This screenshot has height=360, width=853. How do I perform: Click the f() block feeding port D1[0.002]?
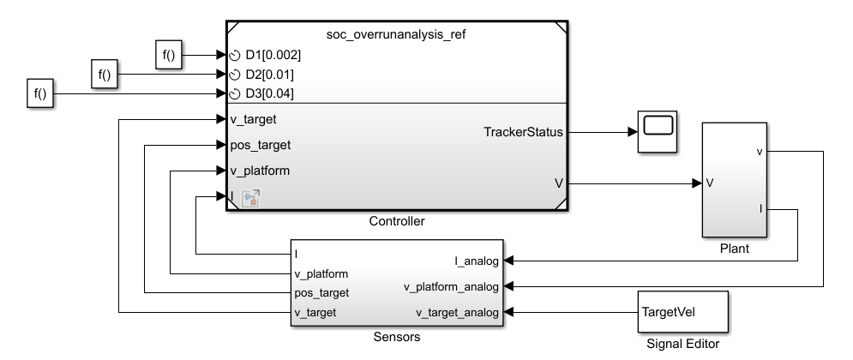169,55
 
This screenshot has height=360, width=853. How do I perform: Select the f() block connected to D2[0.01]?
105,75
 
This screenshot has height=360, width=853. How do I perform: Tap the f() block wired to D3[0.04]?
39,94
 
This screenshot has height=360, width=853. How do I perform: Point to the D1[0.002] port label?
273,55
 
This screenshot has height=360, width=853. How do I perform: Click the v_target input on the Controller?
255,119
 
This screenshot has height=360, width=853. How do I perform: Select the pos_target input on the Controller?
261,145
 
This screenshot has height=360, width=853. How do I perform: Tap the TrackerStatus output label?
523,132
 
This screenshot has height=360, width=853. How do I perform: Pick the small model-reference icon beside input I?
252,198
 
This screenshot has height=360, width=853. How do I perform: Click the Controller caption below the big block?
396,222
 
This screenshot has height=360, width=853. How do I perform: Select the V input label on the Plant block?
711,183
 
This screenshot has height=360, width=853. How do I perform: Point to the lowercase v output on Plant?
760,152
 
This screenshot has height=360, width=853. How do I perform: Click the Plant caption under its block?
735,249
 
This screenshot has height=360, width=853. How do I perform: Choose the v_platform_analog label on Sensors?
451,286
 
